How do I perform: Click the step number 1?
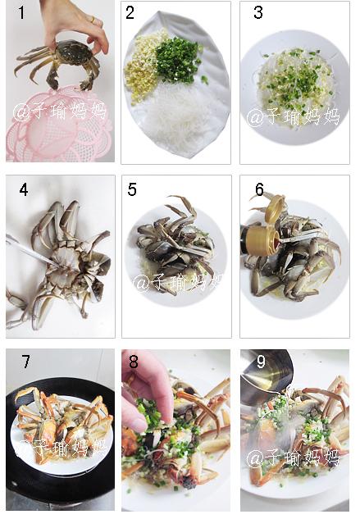pos(21,12)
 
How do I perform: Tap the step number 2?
pos(130,12)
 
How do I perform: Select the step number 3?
pos(257,12)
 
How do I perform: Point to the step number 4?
pos(24,189)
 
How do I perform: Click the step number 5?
pos(132,189)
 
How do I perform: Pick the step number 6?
pos(259,189)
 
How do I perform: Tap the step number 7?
pos(25,362)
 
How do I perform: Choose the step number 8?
pos(134,362)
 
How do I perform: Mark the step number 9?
pos(261,362)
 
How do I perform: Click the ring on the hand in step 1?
pos(92,20)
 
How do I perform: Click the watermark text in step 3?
pos(293,117)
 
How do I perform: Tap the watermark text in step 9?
pos(293,458)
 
